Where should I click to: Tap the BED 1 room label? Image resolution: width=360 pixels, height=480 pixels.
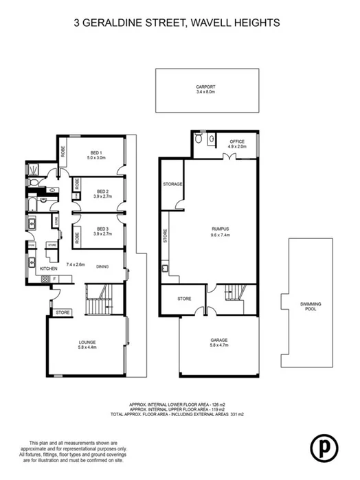tap(97, 152)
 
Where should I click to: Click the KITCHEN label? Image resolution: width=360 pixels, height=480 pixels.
tap(47, 268)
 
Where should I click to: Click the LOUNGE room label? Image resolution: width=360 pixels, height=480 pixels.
tap(87, 342)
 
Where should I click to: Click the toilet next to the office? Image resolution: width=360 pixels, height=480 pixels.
tap(199, 139)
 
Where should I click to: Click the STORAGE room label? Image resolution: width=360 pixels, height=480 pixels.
tap(172, 185)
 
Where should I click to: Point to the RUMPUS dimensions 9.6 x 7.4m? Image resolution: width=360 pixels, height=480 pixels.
tap(220, 234)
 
